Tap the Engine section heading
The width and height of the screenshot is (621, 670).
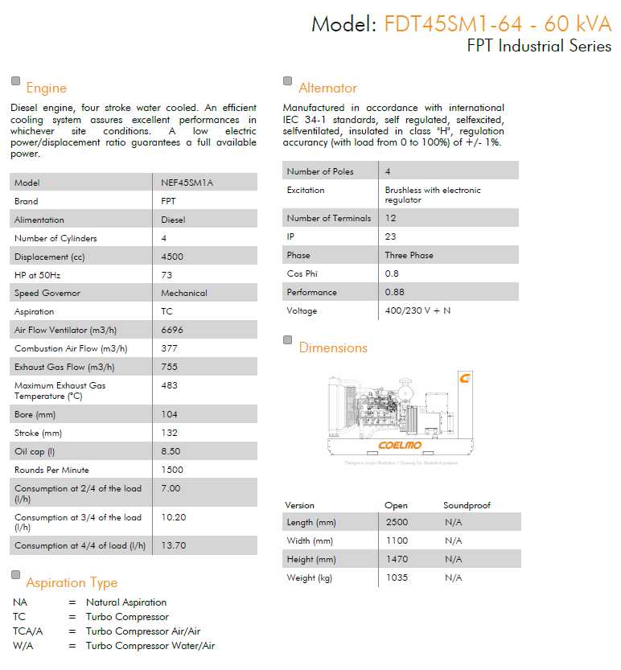(46, 88)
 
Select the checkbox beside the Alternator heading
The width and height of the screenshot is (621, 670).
(288, 80)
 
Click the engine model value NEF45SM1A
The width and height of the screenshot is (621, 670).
(187, 183)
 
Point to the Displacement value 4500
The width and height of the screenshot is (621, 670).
(172, 257)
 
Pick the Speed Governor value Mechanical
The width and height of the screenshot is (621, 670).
(183, 293)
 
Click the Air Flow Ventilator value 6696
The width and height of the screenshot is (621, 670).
(172, 330)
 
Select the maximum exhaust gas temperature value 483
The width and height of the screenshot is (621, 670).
(169, 385)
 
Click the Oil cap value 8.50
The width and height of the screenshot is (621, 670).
(171, 451)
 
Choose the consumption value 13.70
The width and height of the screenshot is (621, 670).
(173, 545)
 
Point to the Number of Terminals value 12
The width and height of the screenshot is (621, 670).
(390, 218)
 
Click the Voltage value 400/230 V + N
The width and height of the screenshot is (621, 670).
(417, 310)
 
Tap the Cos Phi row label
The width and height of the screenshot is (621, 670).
(302, 273)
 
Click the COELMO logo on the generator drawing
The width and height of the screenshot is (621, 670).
(400, 446)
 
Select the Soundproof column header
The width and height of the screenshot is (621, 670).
(467, 505)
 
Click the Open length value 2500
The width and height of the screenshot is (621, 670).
(397, 523)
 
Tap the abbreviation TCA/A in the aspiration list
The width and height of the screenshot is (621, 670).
(27, 631)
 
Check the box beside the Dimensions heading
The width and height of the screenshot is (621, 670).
(288, 340)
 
